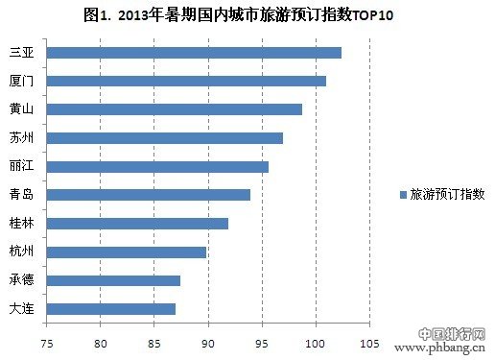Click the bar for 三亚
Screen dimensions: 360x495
tap(192, 52)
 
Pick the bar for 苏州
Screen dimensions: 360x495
tap(163, 137)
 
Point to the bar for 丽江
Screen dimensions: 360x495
tap(156, 166)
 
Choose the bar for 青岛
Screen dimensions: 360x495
tap(147, 195)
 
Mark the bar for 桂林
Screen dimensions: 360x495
tap(136, 224)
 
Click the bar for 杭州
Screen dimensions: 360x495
tap(125, 252)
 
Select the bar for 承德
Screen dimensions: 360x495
tap(112, 280)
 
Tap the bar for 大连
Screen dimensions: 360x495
tap(110, 309)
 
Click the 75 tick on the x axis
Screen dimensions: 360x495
tap(45, 342)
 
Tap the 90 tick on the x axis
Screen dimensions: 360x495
tap(207, 342)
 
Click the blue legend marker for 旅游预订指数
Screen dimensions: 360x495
tap(403, 194)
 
